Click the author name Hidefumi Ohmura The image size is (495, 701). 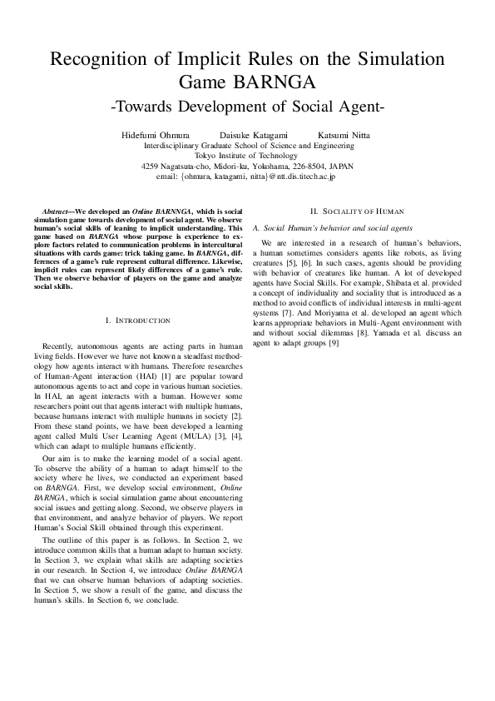[x=154, y=134]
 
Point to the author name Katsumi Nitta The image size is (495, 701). [x=344, y=134]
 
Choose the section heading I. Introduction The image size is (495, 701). [x=138, y=320]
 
